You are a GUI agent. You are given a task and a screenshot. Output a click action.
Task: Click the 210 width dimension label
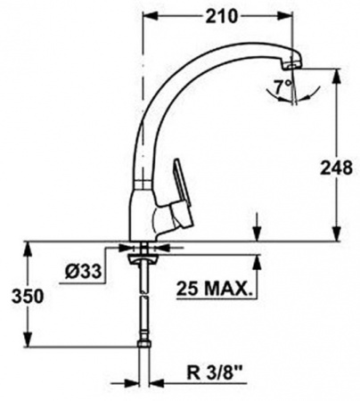[x=222, y=16]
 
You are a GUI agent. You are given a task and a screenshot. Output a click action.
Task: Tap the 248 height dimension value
[x=336, y=168]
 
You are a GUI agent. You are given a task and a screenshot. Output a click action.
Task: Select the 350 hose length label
[x=28, y=296]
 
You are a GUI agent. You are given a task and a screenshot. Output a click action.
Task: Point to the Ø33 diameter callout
[x=83, y=271]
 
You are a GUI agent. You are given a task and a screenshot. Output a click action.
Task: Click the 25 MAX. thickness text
[x=214, y=288]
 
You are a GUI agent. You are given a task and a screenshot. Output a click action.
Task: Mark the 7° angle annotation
[x=282, y=86]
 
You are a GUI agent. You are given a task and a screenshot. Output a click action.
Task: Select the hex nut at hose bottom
[x=144, y=344]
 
